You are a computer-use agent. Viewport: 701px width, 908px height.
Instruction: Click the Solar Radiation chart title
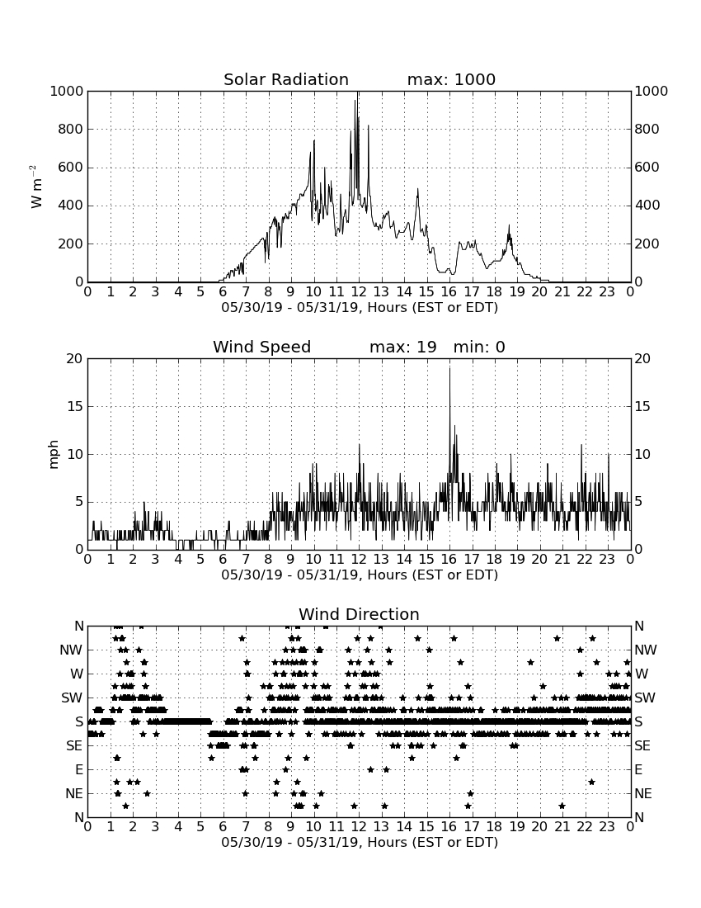pyautogui.click(x=285, y=79)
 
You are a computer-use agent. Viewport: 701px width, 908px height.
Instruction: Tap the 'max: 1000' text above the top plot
pyautogui.click(x=451, y=79)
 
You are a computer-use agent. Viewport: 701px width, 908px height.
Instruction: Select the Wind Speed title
pyautogui.click(x=261, y=347)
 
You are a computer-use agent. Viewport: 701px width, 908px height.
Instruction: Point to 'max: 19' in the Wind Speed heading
pyautogui.click(x=402, y=347)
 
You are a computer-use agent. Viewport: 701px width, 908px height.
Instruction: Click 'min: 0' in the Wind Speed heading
pyautogui.click(x=479, y=347)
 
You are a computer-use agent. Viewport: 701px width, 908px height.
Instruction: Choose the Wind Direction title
pyautogui.click(x=359, y=614)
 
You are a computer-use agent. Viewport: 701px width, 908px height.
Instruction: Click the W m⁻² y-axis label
pyautogui.click(x=35, y=187)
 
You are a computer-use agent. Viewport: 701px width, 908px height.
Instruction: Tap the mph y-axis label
pyautogui.click(x=54, y=454)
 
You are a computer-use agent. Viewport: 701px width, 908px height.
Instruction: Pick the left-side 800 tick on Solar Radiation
pyautogui.click(x=71, y=129)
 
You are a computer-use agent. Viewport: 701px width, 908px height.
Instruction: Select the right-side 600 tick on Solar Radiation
pyautogui.click(x=647, y=168)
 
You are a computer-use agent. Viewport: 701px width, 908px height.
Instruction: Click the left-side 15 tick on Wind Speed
pyautogui.click(x=75, y=406)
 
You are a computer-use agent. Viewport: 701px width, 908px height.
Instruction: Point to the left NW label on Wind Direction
pyautogui.click(x=71, y=650)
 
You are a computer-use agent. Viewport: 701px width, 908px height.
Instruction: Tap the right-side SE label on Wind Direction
pyautogui.click(x=642, y=746)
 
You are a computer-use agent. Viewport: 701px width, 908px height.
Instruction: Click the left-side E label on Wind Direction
pyautogui.click(x=78, y=769)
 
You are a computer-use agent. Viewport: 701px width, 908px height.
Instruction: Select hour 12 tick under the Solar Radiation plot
pyautogui.click(x=359, y=292)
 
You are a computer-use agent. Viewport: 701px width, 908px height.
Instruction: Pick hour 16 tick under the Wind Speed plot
pyautogui.click(x=449, y=560)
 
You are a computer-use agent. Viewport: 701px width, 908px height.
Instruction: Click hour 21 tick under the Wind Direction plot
pyautogui.click(x=562, y=827)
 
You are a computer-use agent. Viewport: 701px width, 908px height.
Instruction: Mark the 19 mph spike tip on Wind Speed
pyautogui.click(x=449, y=367)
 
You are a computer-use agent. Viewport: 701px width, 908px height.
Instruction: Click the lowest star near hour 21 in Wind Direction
pyautogui.click(x=562, y=806)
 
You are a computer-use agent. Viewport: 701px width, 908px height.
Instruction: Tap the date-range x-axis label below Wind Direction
pyautogui.click(x=360, y=842)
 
